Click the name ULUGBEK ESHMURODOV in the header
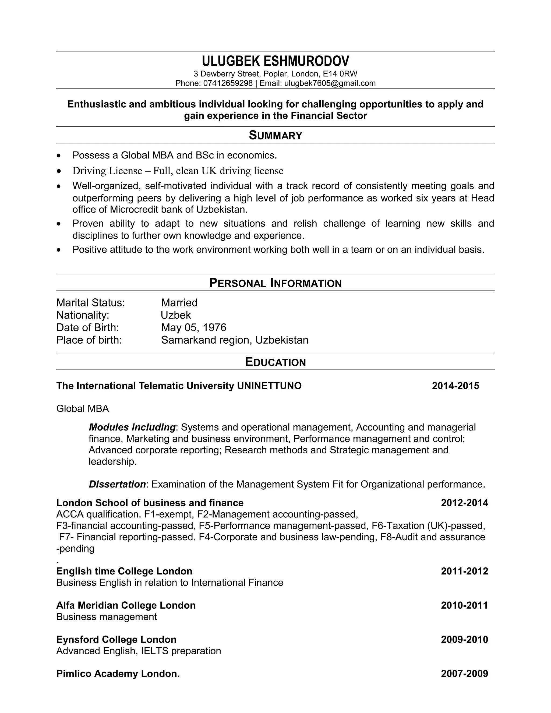tap(275, 61)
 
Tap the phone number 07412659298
tap(228, 83)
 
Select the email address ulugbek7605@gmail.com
tap(330, 83)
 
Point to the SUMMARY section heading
tap(275, 135)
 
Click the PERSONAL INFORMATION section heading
tap(275, 283)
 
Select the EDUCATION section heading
tap(275, 362)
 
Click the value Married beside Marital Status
tap(179, 303)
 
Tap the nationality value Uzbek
tap(176, 315)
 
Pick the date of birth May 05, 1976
tap(193, 327)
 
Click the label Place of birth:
tap(89, 340)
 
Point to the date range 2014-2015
tap(455, 386)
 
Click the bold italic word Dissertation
tap(117, 484)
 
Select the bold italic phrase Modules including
tap(132, 427)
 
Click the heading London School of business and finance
tap(150, 503)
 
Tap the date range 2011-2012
tap(464, 571)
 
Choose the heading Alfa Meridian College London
tap(126, 605)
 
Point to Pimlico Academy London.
tap(118, 673)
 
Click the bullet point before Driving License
tap(59, 171)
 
